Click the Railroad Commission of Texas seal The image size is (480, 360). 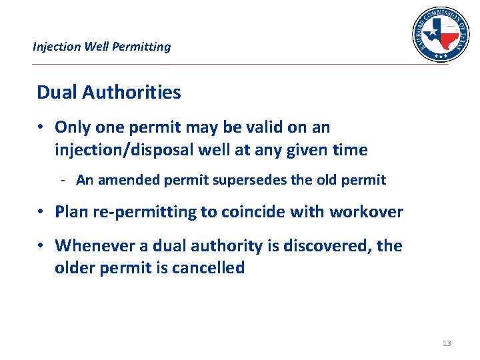tap(440, 34)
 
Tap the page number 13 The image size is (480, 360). tap(447, 343)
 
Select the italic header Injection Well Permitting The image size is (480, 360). tap(101, 47)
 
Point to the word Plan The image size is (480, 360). tap(72, 212)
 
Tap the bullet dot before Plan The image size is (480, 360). tap(41, 212)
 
